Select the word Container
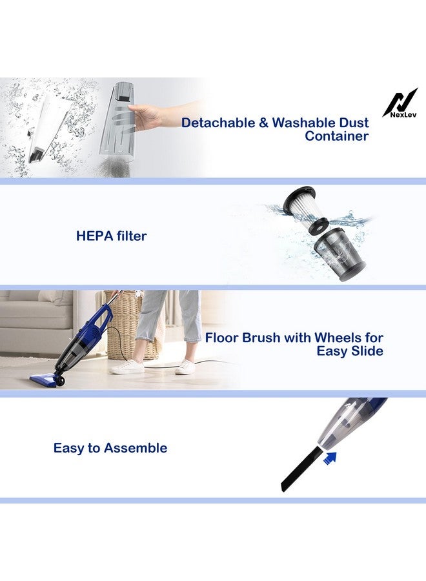[336, 136]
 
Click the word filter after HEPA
[130, 236]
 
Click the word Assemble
[136, 448]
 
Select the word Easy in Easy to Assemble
[69, 448]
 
